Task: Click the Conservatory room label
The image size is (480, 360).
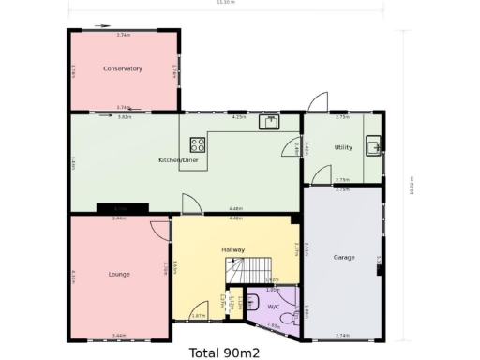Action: tap(123, 68)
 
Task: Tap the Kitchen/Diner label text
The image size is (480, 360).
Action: tap(177, 160)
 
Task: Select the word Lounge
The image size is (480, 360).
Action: tap(119, 274)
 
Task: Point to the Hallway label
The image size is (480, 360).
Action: tap(233, 250)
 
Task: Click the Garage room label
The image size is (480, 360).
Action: tap(344, 256)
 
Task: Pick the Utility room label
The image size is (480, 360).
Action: tap(343, 148)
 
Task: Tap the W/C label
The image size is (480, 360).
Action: tap(274, 307)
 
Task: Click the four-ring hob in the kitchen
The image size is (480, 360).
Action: tap(199, 144)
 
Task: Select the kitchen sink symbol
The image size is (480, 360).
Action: tap(269, 122)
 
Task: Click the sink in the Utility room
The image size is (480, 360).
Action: tap(373, 145)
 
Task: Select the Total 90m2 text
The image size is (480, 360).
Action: tap(224, 353)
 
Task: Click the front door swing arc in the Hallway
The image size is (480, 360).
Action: tap(199, 311)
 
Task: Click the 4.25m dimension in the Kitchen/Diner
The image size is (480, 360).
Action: tap(238, 118)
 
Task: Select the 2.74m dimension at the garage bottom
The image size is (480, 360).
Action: tap(342, 335)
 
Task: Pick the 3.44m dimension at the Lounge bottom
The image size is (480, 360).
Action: tap(119, 335)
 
